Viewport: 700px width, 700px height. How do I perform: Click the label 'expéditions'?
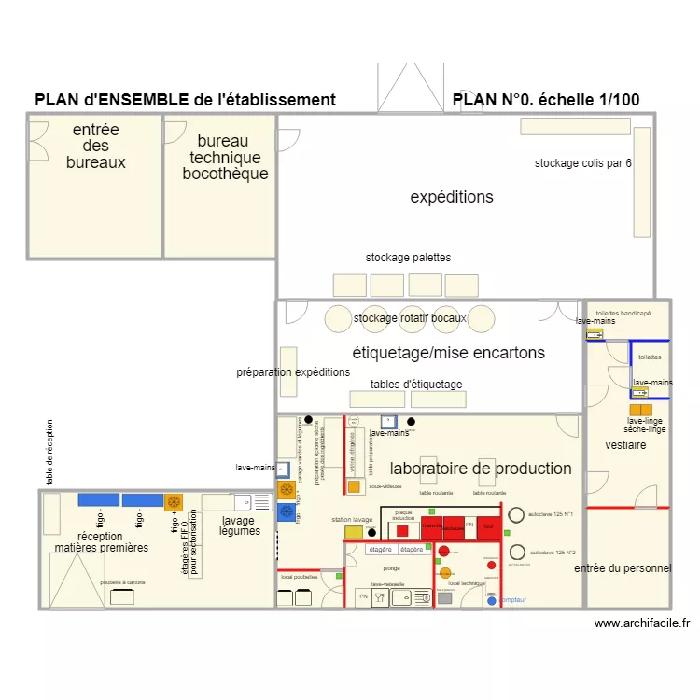(x=452, y=197)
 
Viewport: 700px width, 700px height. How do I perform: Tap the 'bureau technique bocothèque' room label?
(x=224, y=158)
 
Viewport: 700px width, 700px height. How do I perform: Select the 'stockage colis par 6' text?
(x=582, y=163)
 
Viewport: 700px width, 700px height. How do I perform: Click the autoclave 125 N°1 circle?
(x=516, y=514)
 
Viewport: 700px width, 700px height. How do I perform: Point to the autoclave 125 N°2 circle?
(x=516, y=553)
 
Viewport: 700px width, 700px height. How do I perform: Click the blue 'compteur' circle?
(x=491, y=600)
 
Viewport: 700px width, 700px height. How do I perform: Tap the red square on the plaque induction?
(x=402, y=530)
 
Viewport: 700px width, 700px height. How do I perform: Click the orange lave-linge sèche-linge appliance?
(x=640, y=410)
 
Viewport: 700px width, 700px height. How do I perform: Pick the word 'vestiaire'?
(x=625, y=445)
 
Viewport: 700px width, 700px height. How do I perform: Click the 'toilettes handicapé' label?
(x=623, y=313)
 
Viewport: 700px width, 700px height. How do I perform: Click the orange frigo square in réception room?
(x=173, y=502)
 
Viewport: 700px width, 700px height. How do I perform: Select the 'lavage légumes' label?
(x=239, y=525)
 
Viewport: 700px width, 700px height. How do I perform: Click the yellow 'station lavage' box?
(x=354, y=532)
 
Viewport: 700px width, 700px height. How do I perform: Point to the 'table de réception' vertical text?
(x=50, y=453)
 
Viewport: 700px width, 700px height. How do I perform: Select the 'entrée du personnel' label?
(x=622, y=568)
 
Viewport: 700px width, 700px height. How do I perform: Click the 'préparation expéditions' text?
(x=293, y=371)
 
